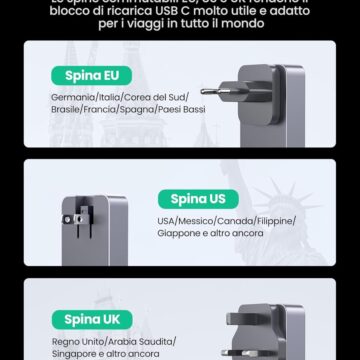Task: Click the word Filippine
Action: [275, 220]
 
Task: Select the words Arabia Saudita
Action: [129, 342]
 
